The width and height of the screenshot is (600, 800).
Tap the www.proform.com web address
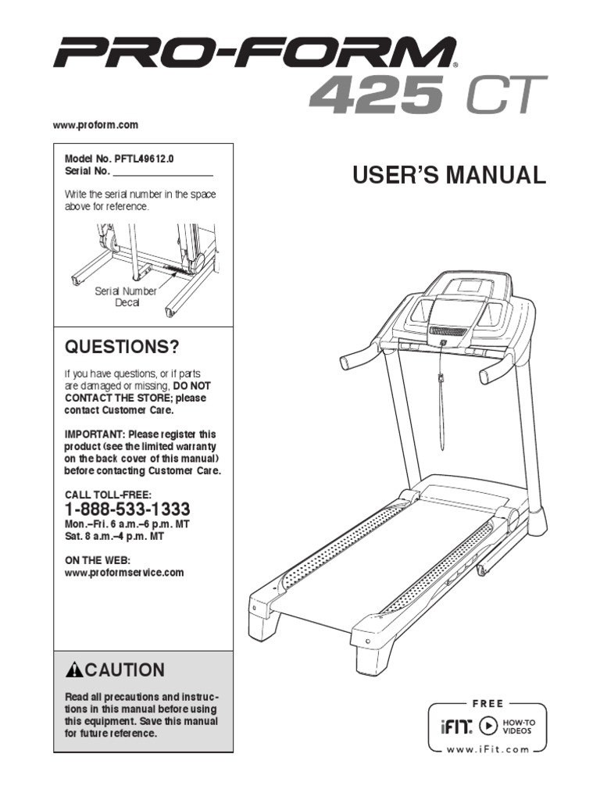pyautogui.click(x=95, y=125)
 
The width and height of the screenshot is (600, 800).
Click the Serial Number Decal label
pyautogui.click(x=126, y=297)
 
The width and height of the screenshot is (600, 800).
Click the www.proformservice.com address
pyautogui.click(x=123, y=573)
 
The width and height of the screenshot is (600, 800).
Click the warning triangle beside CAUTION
pyautogui.click(x=74, y=670)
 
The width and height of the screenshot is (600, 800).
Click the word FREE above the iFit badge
pyautogui.click(x=487, y=704)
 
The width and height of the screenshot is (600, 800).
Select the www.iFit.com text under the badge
pyautogui.click(x=487, y=749)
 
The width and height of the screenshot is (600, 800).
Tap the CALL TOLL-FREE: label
pyautogui.click(x=107, y=494)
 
